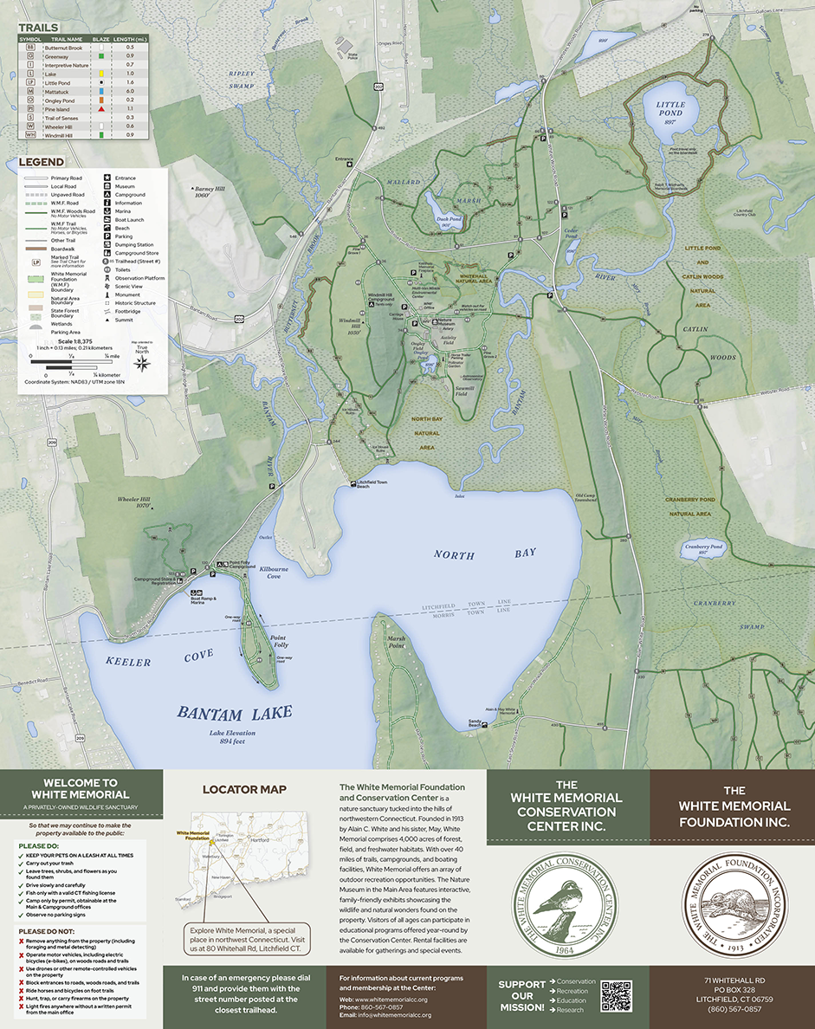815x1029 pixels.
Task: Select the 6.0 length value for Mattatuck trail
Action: pyautogui.click(x=130, y=90)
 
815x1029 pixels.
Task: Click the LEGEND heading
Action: pyautogui.click(x=42, y=163)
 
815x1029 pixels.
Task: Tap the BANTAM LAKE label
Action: pyautogui.click(x=234, y=713)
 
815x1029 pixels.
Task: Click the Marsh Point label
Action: pyautogui.click(x=396, y=643)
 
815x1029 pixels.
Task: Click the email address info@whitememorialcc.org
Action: pyautogui.click(x=396, y=1015)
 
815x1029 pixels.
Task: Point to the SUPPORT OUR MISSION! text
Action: pyautogui.click(x=521, y=996)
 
